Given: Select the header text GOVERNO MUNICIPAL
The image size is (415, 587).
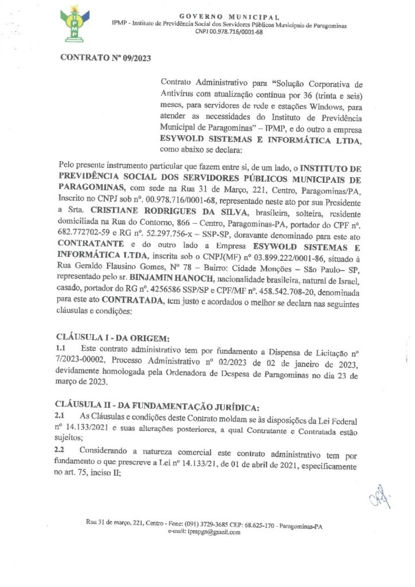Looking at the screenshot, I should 229,18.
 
